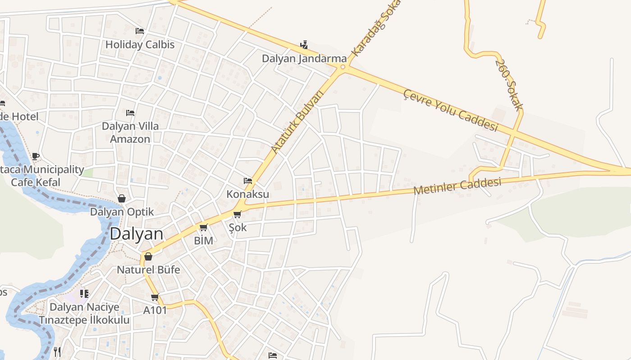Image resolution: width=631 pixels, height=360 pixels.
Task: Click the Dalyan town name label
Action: [x=136, y=234]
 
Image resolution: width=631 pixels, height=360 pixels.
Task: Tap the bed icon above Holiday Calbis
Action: [x=140, y=31]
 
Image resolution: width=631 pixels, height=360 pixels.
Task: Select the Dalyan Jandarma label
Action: [x=304, y=58]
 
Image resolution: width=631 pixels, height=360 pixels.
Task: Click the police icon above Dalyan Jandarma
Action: [x=304, y=45]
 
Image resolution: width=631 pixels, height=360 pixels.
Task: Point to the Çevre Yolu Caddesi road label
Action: [x=450, y=110]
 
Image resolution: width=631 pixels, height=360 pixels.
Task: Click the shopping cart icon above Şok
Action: [x=238, y=214]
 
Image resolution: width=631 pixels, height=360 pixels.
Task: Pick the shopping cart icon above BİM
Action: [x=203, y=228]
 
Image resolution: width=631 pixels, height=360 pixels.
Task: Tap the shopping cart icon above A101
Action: [x=155, y=297]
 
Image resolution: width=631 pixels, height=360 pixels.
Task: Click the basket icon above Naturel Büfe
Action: [x=148, y=256]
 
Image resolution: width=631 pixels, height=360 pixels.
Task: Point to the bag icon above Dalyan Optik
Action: [x=121, y=198]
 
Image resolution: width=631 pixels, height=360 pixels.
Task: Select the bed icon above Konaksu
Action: [x=247, y=181]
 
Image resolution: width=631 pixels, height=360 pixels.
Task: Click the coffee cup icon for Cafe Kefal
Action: [x=36, y=156]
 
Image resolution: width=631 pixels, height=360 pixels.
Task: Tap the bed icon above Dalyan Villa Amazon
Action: [x=130, y=112]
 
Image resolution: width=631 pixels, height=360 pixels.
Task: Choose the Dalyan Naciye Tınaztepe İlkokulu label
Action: [x=84, y=314]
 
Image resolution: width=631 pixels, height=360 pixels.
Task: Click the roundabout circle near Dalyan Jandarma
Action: [x=343, y=67]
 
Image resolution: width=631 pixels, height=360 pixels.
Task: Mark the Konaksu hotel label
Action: [x=247, y=194]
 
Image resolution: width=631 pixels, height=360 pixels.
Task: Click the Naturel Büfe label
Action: [x=148, y=270]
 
